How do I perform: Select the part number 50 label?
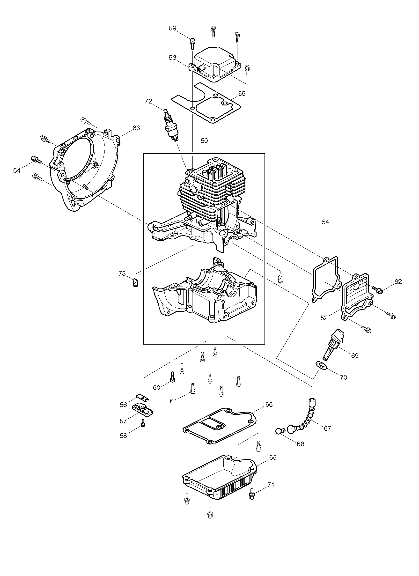point(204,141)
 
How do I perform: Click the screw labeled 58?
point(143,423)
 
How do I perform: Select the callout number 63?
point(136,128)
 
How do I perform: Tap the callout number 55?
point(242,94)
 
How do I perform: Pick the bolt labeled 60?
point(173,383)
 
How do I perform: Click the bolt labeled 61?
point(193,395)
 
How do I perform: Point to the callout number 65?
point(273,458)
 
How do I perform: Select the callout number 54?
point(325,222)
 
